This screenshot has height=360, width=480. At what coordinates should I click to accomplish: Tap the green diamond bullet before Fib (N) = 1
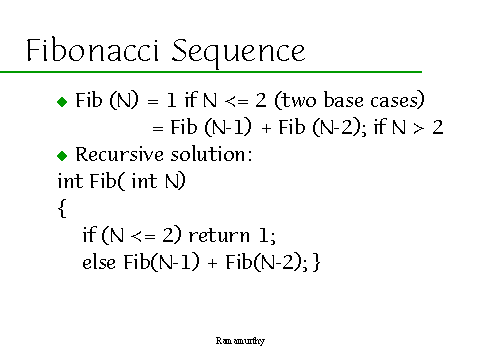pyautogui.click(x=62, y=102)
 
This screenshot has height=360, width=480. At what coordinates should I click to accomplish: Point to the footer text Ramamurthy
pyautogui.click(x=240, y=341)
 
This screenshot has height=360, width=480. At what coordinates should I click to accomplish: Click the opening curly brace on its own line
pyautogui.click(x=62, y=209)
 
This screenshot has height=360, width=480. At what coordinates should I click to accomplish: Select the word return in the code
pyautogui.click(x=204, y=236)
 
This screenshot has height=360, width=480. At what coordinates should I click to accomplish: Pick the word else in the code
pyautogui.click(x=98, y=262)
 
